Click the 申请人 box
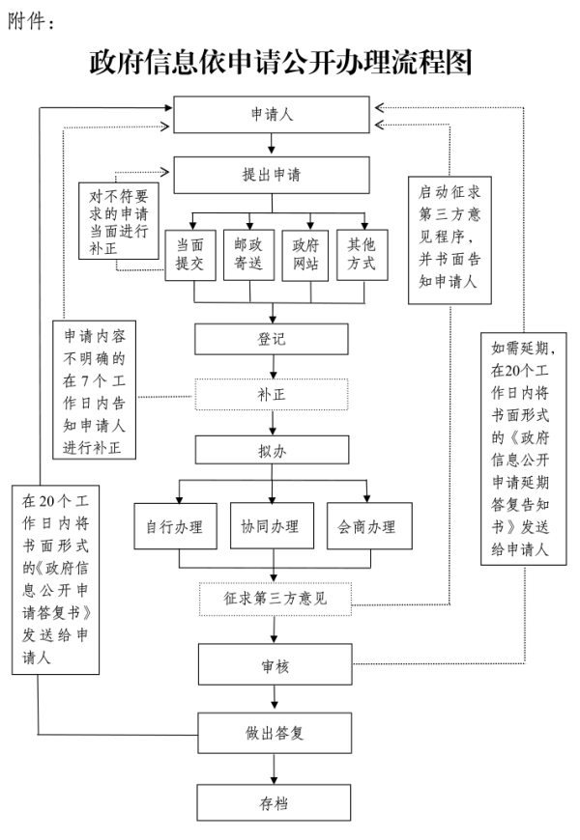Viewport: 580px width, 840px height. click(x=272, y=115)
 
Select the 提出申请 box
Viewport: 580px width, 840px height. click(x=272, y=176)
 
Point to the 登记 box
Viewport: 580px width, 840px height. click(x=272, y=339)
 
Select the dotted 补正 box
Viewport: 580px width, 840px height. click(x=272, y=395)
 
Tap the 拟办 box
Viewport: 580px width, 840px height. click(x=272, y=450)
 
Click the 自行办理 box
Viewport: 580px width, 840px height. click(x=174, y=526)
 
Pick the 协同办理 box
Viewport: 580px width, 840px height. click(x=270, y=526)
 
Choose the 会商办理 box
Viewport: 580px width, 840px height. click(x=367, y=526)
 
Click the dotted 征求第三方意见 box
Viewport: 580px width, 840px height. click(x=275, y=599)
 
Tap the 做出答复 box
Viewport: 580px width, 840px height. click(x=275, y=733)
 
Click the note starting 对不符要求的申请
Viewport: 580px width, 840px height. click(x=120, y=221)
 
